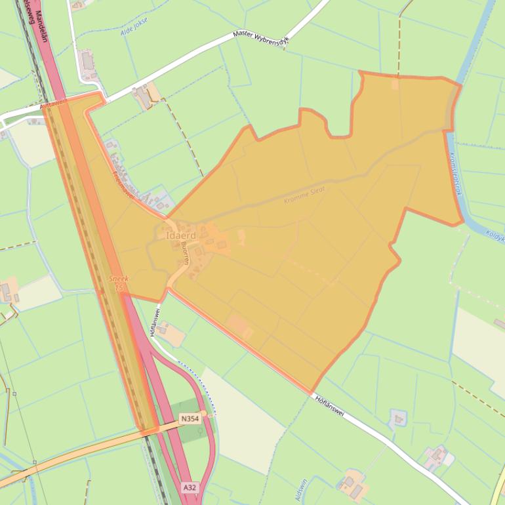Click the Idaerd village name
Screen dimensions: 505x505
pyautogui.click(x=180, y=235)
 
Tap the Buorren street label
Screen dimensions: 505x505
pyautogui.click(x=186, y=253)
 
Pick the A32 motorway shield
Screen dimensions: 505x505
pyautogui.click(x=190, y=488)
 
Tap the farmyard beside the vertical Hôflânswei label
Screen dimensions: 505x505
pyautogui.click(x=171, y=335)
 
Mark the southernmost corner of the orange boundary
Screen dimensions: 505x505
pyautogui.click(x=312, y=392)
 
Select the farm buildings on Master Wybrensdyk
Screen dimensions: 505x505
pyautogui.click(x=144, y=96)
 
